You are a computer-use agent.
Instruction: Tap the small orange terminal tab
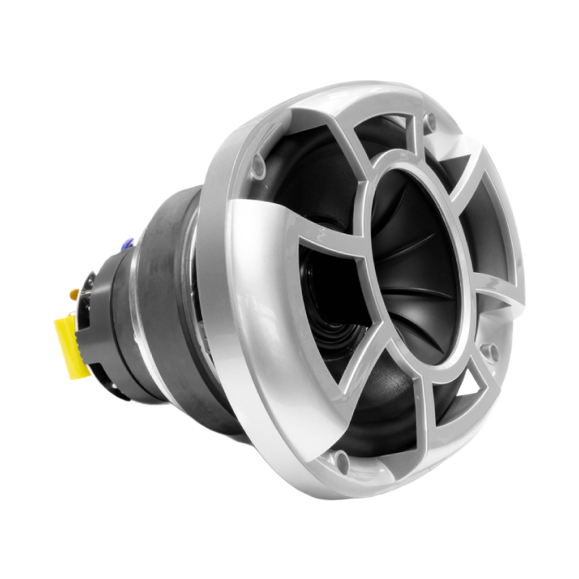pos(74,295)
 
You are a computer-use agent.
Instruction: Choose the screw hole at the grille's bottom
pos(342,458)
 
